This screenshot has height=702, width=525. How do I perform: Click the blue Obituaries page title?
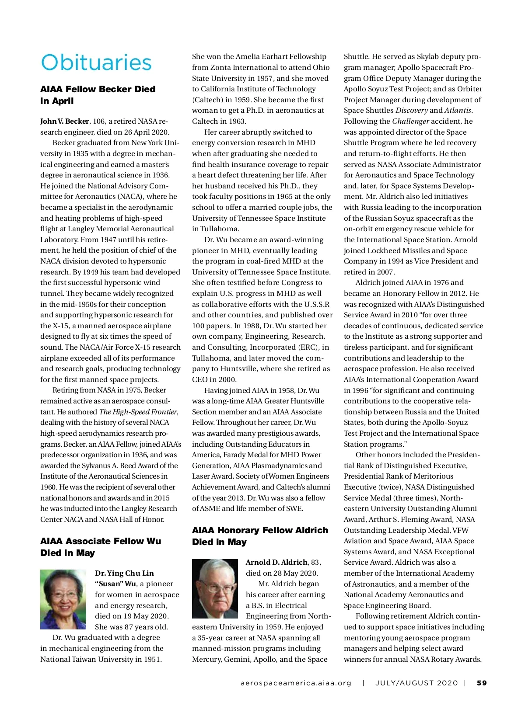point(96,63)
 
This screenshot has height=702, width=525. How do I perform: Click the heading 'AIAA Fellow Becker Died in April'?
point(98,95)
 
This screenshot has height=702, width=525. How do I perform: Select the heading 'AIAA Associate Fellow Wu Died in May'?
point(101,547)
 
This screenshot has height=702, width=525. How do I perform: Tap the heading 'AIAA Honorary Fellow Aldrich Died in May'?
point(260,536)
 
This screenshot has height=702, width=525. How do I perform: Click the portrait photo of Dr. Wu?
point(63,599)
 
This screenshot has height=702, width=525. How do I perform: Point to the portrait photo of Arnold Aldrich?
point(215,588)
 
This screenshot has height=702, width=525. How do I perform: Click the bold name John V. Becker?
point(65,121)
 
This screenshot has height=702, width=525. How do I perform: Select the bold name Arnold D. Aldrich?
point(276,562)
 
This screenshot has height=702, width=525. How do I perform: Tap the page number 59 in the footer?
point(482,683)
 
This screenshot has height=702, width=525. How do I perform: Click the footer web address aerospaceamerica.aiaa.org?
point(296,683)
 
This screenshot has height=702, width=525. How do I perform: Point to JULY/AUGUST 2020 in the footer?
point(416,683)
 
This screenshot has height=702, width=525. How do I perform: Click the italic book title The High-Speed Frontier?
point(138,412)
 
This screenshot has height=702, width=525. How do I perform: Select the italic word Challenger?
point(410,121)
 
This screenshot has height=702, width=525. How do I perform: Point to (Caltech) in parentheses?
point(208,100)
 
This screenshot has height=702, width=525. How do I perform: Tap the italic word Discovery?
point(411,110)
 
